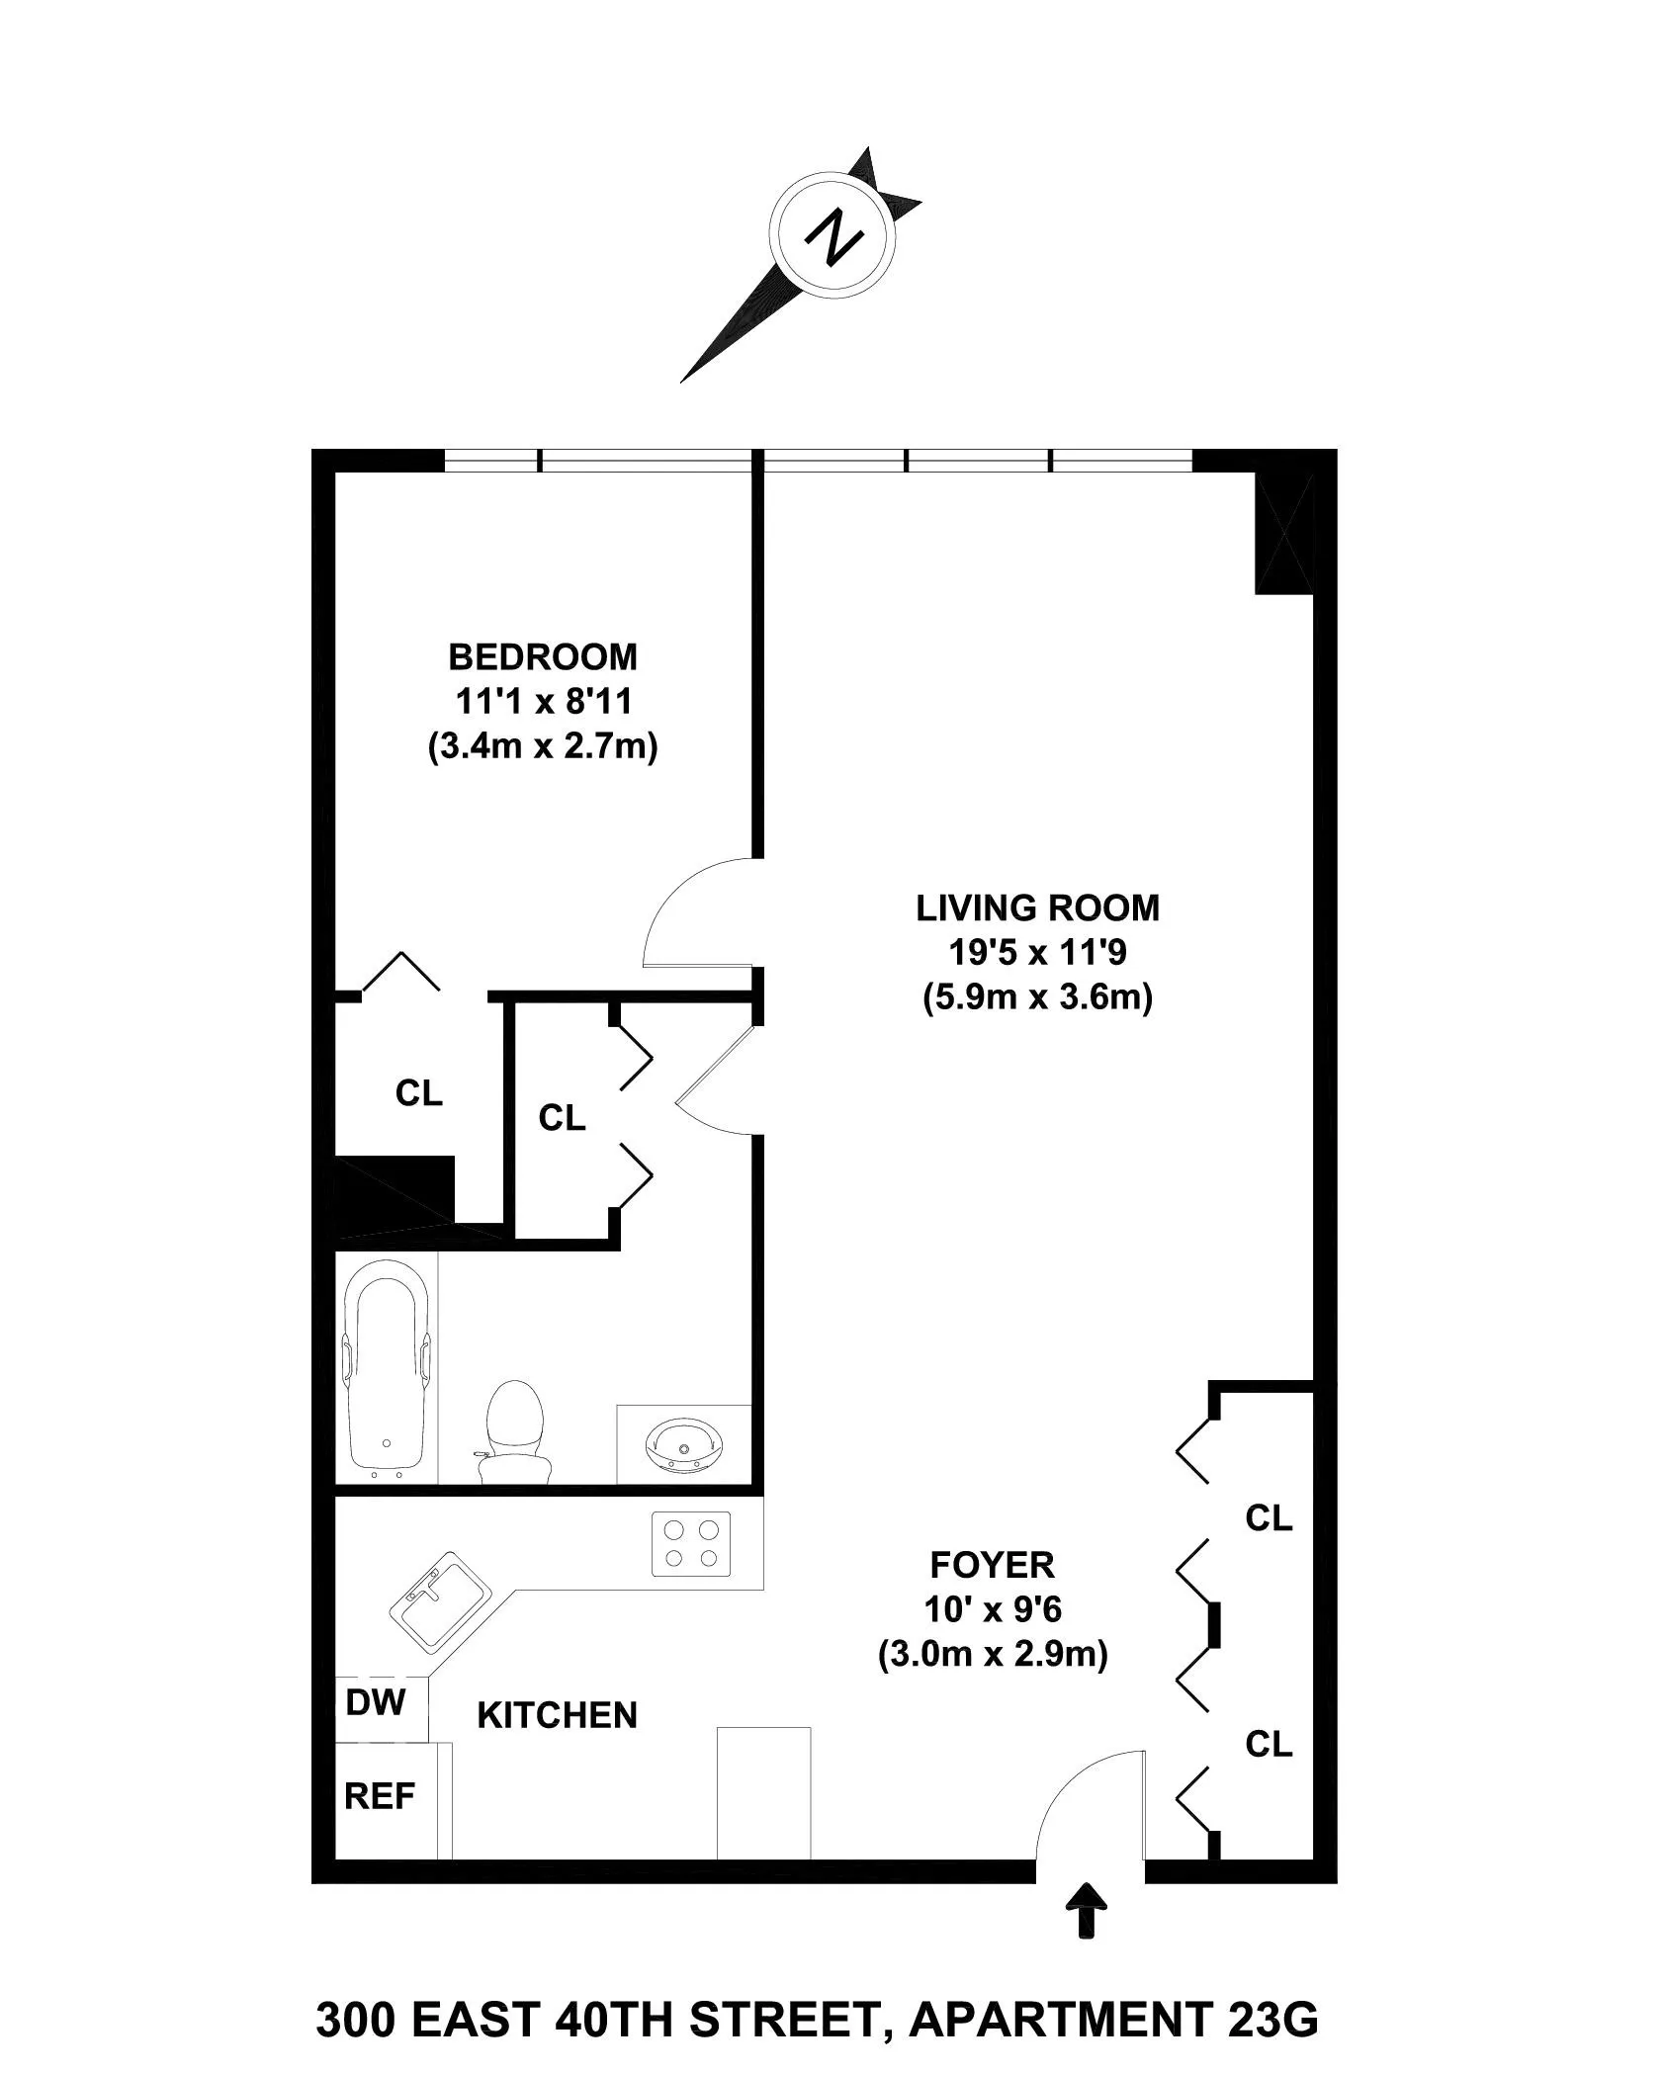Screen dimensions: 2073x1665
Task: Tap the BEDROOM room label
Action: pos(543,656)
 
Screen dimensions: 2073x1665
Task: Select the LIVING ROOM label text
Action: pos(1037,907)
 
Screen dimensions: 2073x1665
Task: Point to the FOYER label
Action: pos(993,1565)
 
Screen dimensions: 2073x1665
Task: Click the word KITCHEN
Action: pos(557,1715)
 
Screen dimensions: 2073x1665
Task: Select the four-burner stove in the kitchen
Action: pos(691,1543)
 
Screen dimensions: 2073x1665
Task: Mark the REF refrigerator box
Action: pos(381,1795)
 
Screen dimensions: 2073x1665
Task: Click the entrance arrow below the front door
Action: pos(1088,1908)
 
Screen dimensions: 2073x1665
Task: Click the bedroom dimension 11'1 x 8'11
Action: pos(543,701)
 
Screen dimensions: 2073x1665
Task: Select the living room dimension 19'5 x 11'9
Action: pos(1037,952)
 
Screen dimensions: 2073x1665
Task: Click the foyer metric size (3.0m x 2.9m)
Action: pos(993,1654)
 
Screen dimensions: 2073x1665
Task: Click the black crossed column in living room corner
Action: pos(1283,535)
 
